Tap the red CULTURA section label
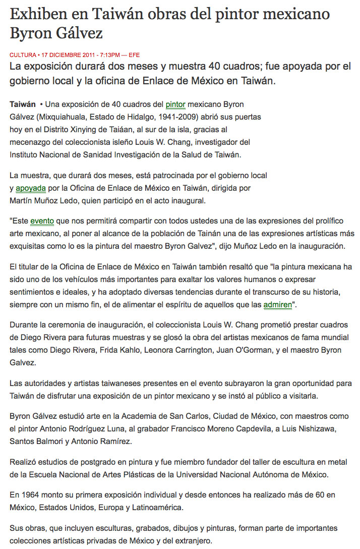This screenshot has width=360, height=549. pos(22,54)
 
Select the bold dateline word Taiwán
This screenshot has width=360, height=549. pos(23,104)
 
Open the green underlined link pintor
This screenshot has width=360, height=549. pos(175,104)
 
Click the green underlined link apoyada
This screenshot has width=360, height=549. pos(31,188)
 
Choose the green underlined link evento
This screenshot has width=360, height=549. pos(42,221)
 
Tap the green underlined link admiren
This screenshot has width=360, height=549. pos(278,304)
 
